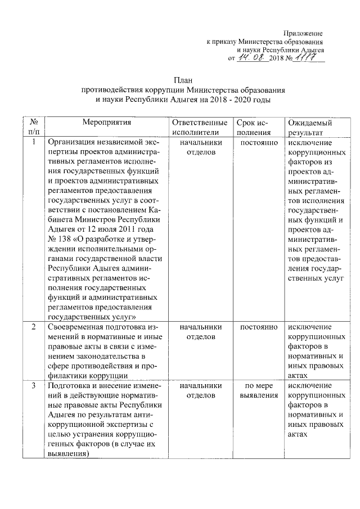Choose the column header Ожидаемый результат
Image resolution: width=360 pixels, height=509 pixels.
(309, 127)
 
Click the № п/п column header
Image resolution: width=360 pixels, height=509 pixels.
(34, 127)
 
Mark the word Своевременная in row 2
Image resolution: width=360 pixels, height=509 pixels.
(76, 327)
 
